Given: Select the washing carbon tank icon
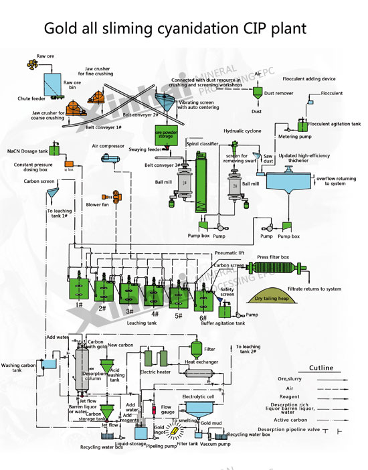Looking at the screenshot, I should (x=48, y=364).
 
